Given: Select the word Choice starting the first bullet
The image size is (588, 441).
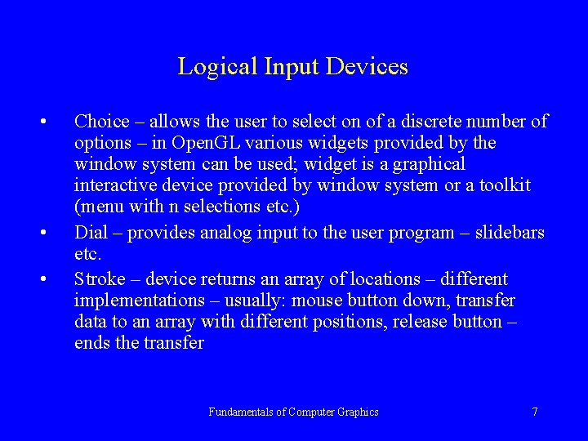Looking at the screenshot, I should tap(102, 122).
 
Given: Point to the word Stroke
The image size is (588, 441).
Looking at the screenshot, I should tap(98, 279).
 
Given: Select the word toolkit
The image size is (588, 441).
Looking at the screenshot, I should tap(504, 185).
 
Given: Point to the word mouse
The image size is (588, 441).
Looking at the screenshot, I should tap(314, 301).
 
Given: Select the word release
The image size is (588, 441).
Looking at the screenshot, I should tap(419, 322).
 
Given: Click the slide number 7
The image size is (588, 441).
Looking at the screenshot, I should tap(535, 412).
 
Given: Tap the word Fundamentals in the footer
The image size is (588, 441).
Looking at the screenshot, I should tap(241, 412).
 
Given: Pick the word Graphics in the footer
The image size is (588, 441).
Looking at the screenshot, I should tap(358, 412).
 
